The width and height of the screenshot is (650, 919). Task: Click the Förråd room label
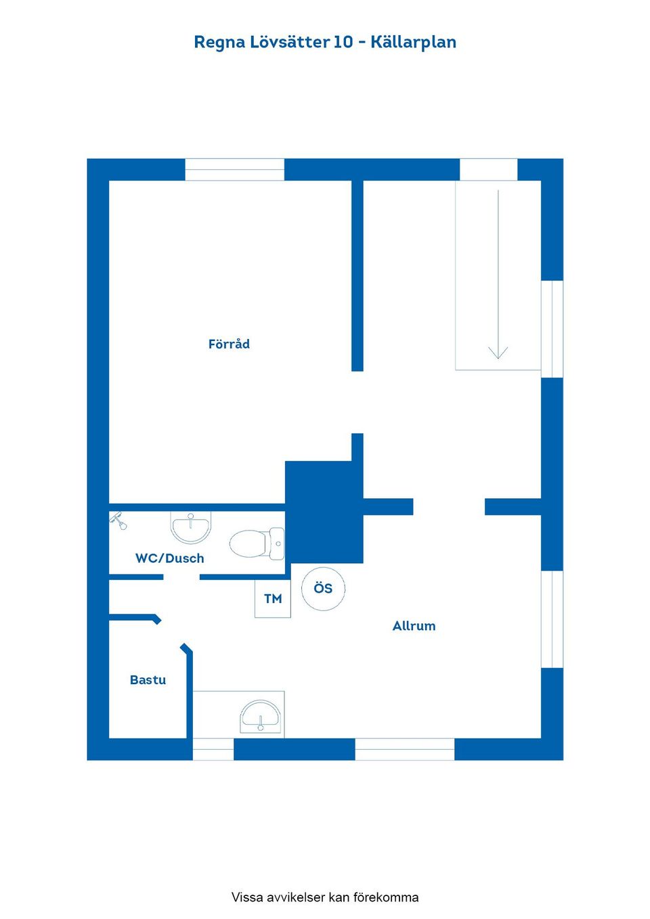(229, 344)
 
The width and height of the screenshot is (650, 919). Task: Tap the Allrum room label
(414, 626)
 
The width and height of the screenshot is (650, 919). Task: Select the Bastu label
(148, 680)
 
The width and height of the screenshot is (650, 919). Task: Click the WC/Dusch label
(169, 558)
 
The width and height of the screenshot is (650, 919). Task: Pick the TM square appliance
(273, 599)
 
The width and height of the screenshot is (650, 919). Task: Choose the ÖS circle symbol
(324, 589)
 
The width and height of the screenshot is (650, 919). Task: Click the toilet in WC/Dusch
(257, 543)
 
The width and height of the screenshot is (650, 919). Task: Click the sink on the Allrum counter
(261, 717)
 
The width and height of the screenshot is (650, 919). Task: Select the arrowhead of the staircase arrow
(498, 353)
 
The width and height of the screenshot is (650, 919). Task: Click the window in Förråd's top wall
(235, 169)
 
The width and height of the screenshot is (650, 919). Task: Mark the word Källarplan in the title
(413, 42)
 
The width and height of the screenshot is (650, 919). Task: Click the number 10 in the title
(343, 42)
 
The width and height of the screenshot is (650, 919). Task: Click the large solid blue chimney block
(324, 512)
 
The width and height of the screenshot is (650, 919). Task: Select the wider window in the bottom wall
(405, 750)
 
